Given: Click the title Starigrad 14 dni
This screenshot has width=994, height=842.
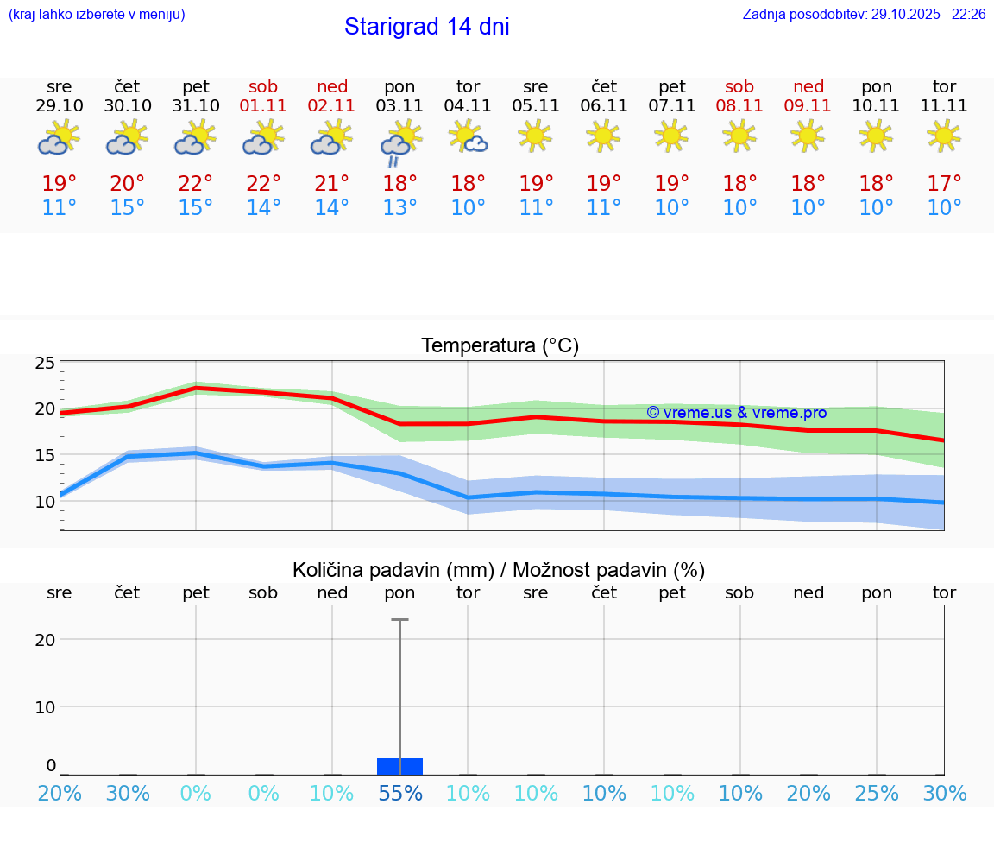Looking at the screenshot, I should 426,27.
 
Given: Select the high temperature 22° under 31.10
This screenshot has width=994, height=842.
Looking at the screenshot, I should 196,184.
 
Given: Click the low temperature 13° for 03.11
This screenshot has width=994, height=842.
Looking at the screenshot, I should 400,208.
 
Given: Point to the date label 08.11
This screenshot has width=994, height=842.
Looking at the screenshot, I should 739,106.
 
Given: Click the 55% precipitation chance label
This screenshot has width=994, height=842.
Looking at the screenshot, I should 400,794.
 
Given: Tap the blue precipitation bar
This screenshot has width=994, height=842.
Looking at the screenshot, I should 400,766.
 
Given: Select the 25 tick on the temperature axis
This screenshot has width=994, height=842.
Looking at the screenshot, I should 45,363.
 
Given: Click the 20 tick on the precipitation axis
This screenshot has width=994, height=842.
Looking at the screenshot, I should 45,640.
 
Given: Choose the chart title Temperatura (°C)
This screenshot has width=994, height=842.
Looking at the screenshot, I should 500,346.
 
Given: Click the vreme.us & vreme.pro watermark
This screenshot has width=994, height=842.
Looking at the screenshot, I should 736,413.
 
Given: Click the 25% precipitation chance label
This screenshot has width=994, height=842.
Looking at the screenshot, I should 877,794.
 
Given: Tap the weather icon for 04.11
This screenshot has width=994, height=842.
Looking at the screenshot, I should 469,136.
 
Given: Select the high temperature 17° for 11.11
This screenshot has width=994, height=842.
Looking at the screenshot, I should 945,184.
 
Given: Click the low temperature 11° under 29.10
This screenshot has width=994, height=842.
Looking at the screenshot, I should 60,208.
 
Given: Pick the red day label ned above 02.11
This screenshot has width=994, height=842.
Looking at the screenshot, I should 332,86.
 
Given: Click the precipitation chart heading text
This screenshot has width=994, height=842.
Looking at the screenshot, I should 499,570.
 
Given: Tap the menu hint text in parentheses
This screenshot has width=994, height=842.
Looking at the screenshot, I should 97,15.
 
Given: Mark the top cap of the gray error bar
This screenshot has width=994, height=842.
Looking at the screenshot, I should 399,620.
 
